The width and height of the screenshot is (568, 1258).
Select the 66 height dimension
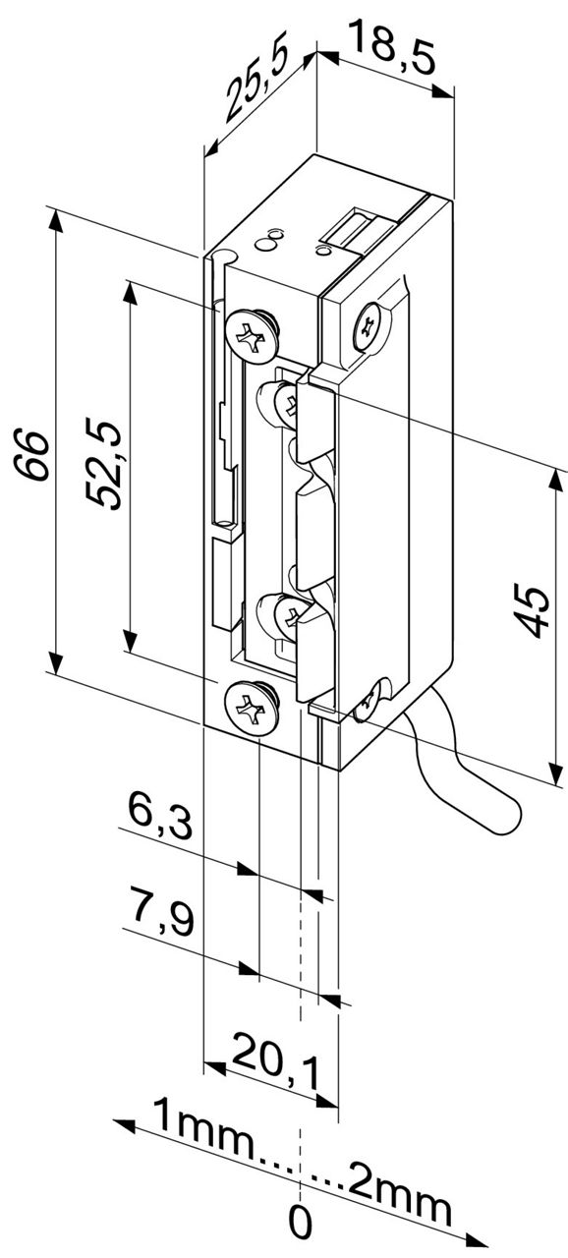click(30, 455)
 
